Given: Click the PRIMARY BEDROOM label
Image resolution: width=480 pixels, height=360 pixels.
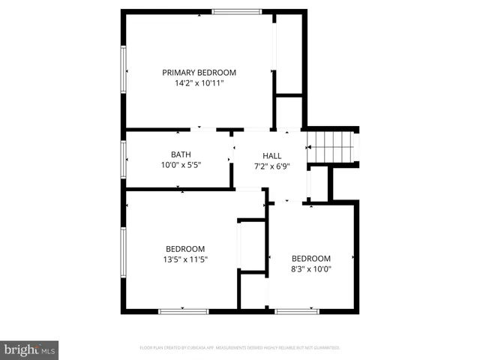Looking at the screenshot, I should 199,73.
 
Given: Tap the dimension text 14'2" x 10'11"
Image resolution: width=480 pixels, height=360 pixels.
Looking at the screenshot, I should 199,83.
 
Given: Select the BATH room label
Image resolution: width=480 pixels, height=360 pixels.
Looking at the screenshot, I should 181,154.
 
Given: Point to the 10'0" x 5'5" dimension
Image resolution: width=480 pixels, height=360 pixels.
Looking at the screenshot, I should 181,165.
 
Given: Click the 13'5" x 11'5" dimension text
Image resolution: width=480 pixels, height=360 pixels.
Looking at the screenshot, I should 185,259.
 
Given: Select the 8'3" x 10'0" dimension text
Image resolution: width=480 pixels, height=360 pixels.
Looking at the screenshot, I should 310,269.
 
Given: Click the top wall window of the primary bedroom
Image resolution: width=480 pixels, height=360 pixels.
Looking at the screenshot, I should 236,11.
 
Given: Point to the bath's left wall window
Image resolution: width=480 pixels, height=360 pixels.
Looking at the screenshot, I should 124,159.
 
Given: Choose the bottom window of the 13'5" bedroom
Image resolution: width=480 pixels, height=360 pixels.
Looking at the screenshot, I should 183,310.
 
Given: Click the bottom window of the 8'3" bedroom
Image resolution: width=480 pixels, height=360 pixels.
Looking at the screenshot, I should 297,310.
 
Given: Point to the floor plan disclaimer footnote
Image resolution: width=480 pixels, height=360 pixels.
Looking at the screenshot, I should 240,348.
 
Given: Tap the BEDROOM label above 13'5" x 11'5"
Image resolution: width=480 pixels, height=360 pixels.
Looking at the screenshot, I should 185,249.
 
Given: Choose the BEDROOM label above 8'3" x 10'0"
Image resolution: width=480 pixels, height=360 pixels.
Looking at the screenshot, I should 310,259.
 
